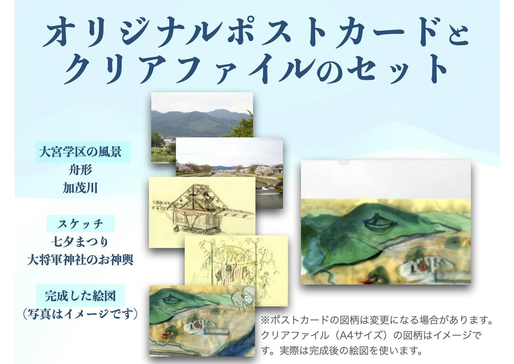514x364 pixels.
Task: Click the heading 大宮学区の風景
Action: pos(80,152)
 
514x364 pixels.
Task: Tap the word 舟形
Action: pos(80,170)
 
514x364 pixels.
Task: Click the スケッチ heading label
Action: pos(80,224)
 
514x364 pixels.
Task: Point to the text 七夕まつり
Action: pos(80,242)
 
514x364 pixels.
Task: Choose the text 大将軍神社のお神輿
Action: pos(80,260)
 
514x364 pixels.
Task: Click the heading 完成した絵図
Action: pos(80,296)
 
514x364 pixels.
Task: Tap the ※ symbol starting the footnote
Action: pos(265,320)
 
